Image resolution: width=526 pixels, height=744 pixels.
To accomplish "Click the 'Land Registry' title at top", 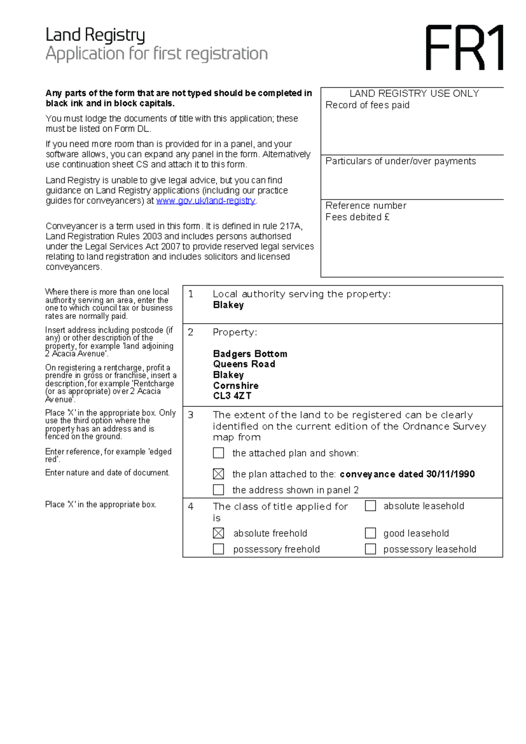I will (x=95, y=35).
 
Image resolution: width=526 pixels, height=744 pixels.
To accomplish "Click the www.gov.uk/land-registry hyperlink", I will (x=206, y=201).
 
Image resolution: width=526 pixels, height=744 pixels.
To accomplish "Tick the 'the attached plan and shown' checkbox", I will (x=218, y=453).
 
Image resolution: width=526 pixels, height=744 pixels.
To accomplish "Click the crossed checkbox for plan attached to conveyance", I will (x=218, y=474).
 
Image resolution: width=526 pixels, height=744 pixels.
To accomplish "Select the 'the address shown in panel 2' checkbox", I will (x=218, y=490).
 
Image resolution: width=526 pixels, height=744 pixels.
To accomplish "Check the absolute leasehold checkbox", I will (x=370, y=506).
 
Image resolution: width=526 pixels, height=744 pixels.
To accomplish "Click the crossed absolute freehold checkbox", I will (x=218, y=533).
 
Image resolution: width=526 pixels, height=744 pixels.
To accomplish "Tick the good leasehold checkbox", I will (x=370, y=533).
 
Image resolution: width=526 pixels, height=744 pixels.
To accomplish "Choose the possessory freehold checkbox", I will (x=218, y=549).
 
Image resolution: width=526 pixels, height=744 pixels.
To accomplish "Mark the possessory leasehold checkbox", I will (x=370, y=549).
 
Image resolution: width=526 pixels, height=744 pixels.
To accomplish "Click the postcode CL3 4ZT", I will (x=232, y=396).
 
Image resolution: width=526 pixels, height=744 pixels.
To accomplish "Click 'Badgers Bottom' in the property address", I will (x=250, y=354).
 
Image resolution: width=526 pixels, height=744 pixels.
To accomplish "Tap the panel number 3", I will (x=191, y=415).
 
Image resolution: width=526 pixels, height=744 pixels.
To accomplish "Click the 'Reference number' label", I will (x=366, y=206).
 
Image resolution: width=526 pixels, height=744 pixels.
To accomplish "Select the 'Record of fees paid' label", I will (x=367, y=105).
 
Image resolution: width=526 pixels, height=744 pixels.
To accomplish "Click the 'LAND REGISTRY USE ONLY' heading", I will (x=414, y=93).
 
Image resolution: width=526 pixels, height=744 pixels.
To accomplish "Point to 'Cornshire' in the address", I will (x=235, y=386).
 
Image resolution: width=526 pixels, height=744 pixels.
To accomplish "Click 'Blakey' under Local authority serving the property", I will (x=228, y=305).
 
